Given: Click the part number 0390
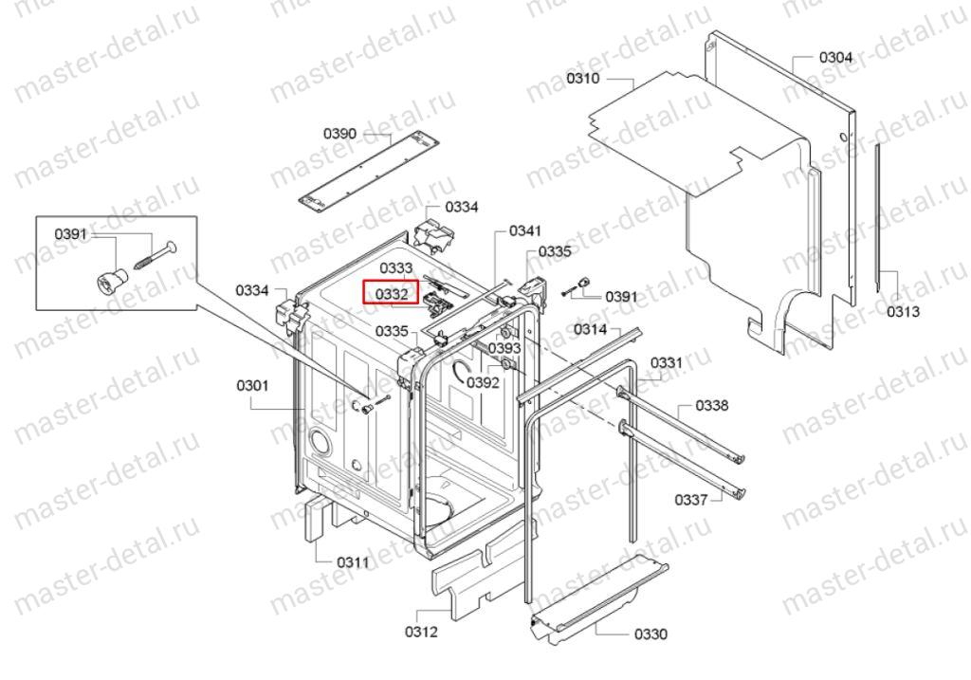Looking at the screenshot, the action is click(x=340, y=133).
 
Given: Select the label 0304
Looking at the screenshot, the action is click(x=836, y=58).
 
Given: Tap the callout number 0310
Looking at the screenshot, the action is click(x=583, y=78).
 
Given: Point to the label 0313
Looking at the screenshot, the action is click(x=904, y=311).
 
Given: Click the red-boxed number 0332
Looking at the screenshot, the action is click(x=392, y=294).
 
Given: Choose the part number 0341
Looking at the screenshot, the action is click(x=525, y=231).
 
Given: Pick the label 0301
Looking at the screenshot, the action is click(x=252, y=386).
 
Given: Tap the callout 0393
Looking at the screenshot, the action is click(x=504, y=349).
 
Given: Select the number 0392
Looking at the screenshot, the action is click(x=483, y=383).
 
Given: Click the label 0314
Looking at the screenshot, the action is click(x=590, y=329).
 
